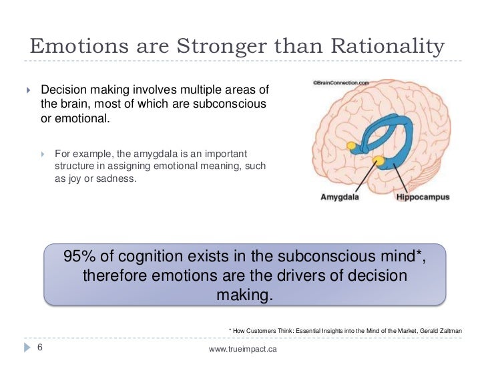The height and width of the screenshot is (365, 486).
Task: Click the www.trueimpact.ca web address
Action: point(243,349)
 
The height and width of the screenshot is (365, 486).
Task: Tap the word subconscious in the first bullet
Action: point(230,104)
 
